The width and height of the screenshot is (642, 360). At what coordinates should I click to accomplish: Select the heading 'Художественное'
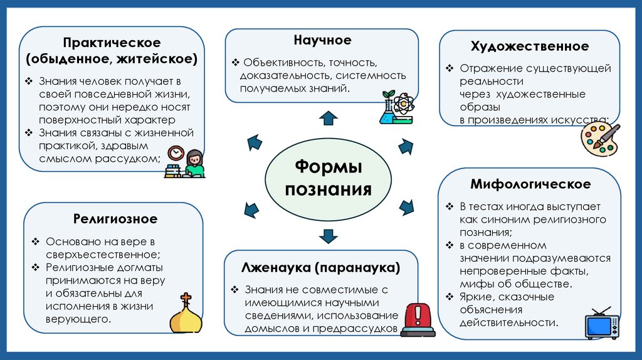click(x=529, y=46)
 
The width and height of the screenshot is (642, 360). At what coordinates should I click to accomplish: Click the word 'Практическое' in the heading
click(x=112, y=43)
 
